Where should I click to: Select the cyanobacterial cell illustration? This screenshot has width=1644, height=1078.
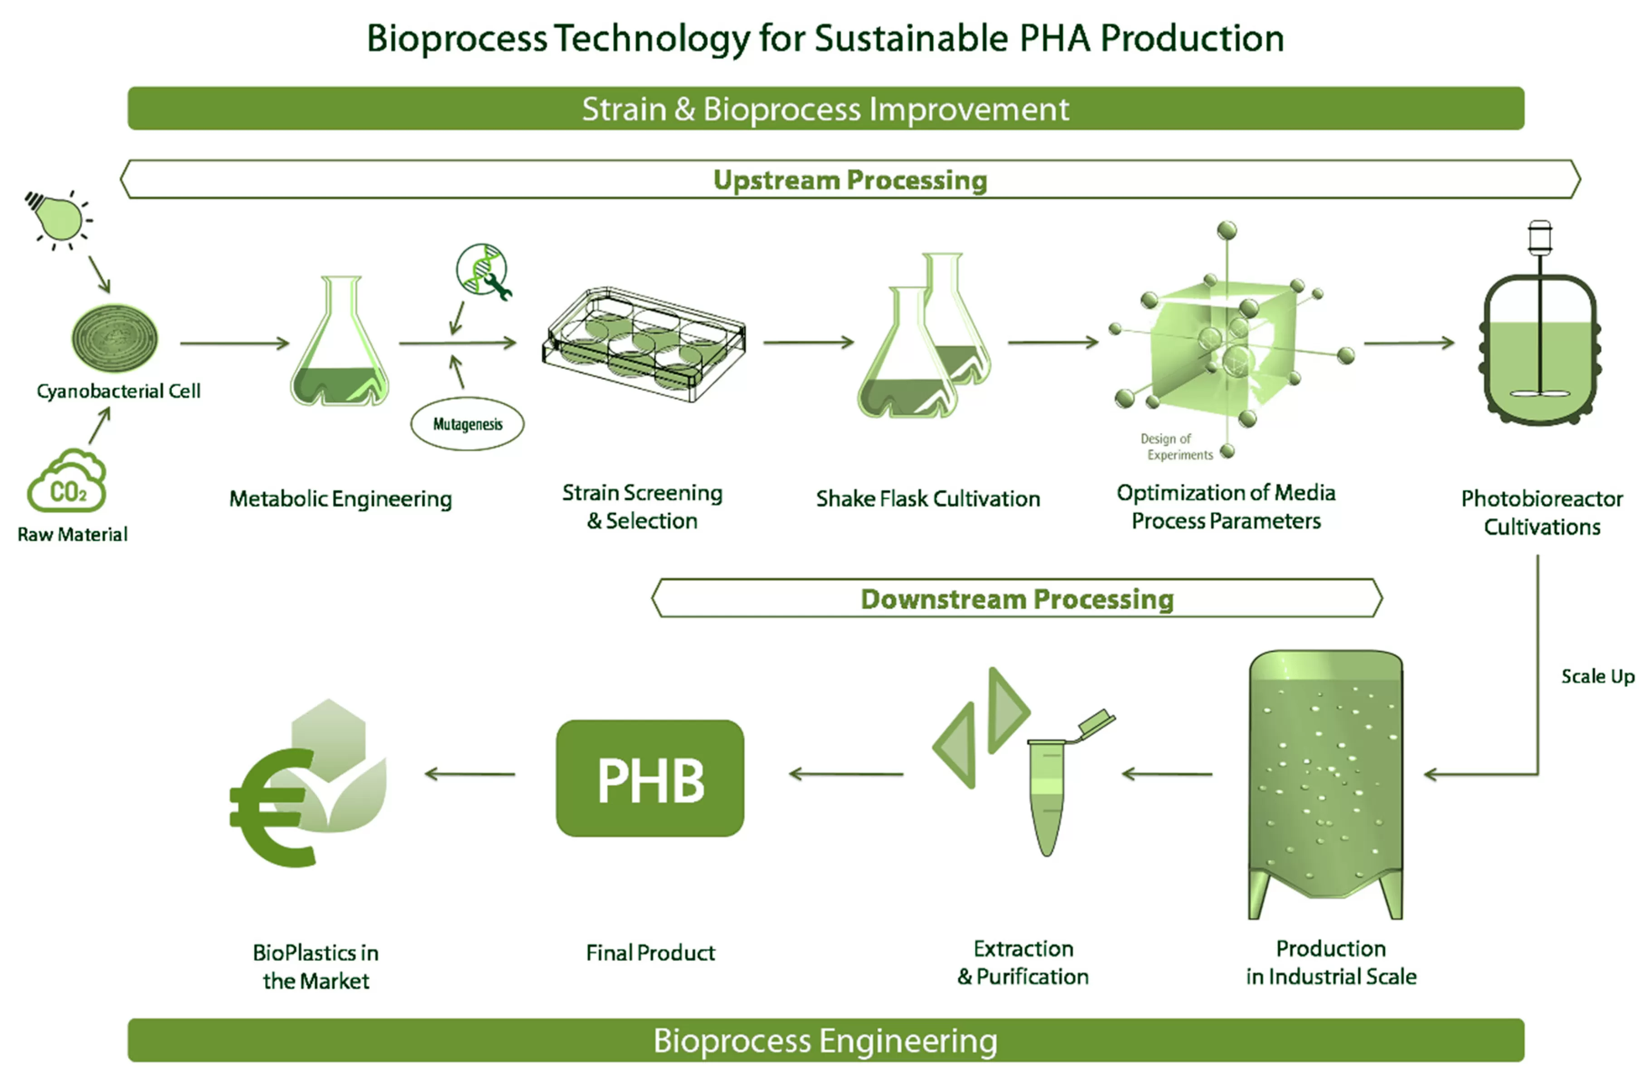click(x=115, y=339)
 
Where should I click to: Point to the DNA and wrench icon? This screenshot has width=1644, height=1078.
click(x=483, y=271)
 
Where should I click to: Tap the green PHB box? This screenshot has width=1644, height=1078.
click(x=650, y=778)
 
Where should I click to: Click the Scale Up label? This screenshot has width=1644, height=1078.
click(x=1597, y=676)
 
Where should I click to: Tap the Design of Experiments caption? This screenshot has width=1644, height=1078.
click(x=1176, y=447)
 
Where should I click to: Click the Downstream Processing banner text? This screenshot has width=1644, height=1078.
click(x=1017, y=599)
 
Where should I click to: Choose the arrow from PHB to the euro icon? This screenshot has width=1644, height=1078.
click(x=470, y=774)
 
